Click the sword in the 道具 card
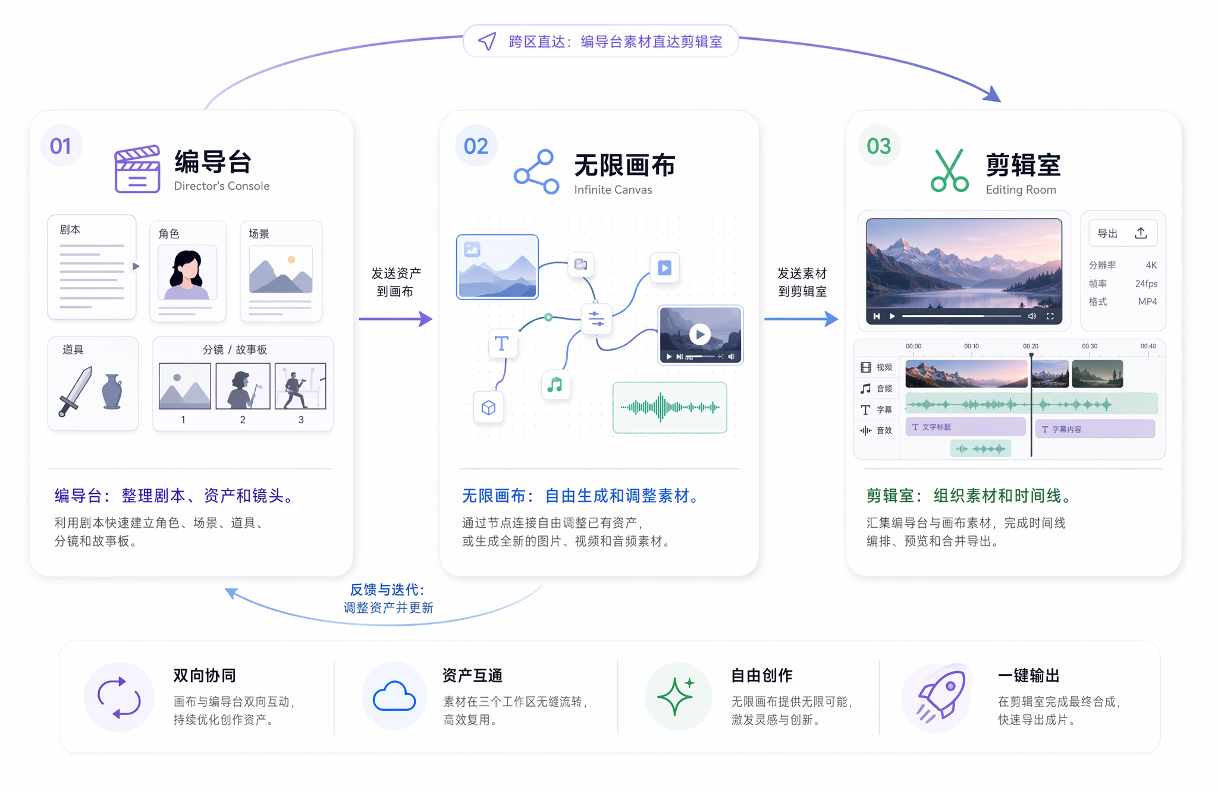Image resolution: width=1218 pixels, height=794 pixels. click(76, 391)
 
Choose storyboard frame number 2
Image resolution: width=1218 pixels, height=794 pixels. click(243, 386)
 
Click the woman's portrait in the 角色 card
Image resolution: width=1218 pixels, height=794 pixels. click(187, 273)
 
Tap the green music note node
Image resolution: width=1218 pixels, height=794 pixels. click(555, 385)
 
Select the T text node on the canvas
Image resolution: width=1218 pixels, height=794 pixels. click(502, 344)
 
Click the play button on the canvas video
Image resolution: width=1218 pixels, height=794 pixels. click(700, 334)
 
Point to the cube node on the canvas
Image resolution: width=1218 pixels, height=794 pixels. click(488, 408)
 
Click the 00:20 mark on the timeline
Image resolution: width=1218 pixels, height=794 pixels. click(1031, 346)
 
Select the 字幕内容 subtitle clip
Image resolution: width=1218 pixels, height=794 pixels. click(1095, 428)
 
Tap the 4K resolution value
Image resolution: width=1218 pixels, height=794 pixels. click(1151, 265)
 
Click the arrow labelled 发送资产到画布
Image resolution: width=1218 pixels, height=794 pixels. click(395, 319)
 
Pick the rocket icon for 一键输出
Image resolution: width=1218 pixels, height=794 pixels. click(940, 695)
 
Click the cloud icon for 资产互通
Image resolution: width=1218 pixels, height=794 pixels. click(394, 697)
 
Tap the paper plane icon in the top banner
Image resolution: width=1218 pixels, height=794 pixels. click(487, 41)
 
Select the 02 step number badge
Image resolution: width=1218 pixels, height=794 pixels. click(476, 146)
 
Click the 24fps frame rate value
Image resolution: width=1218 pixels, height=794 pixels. click(1145, 283)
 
